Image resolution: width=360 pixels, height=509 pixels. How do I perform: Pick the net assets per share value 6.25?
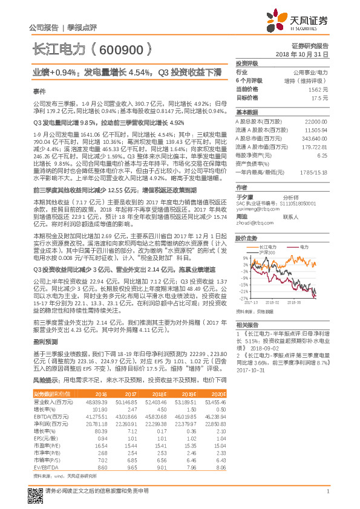[322, 155]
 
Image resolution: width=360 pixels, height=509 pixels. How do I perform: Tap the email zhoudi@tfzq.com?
[252, 222]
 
